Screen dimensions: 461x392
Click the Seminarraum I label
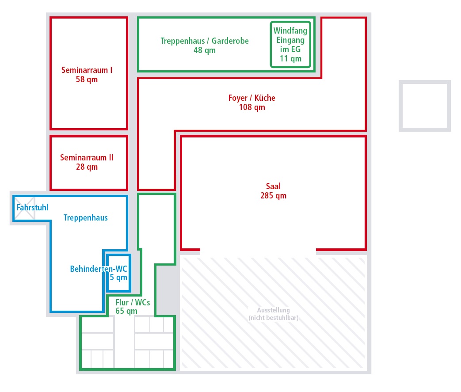87,70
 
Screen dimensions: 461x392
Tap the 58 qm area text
87,80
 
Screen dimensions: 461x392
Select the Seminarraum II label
87,158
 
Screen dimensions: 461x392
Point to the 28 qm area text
87,167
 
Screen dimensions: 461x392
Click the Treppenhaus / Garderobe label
205,41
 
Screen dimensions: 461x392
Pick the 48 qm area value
205,50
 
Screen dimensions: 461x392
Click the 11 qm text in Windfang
290,59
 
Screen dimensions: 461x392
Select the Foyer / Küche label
251,98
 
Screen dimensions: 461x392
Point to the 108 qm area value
252,107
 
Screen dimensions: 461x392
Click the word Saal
274,186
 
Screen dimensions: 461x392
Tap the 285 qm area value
274,196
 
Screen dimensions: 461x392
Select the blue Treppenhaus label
86,218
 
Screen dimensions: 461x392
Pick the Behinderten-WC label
99,269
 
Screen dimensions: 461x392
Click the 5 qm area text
118,278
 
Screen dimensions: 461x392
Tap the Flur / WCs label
133,302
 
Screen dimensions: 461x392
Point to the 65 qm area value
126,311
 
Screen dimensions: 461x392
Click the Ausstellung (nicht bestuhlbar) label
274,314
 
